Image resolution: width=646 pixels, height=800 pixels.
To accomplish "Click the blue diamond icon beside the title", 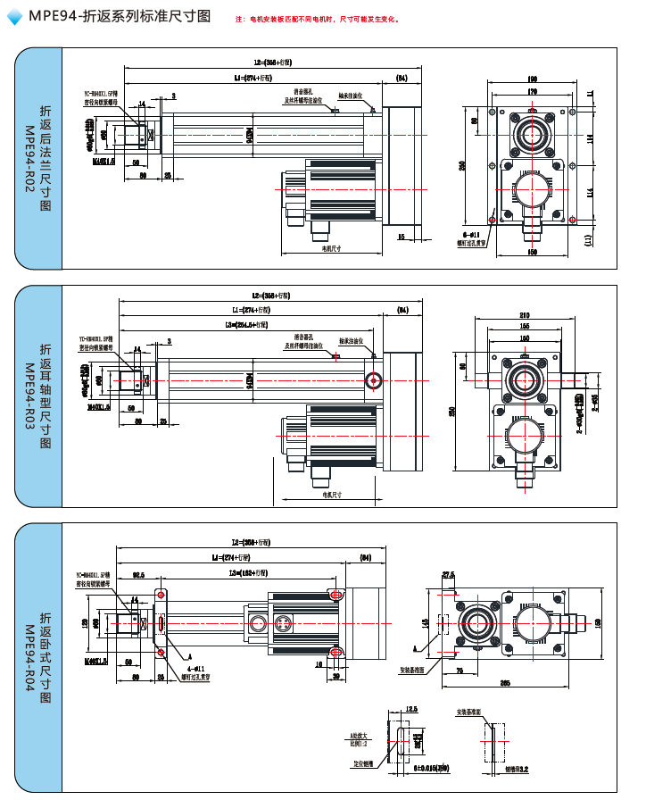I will [14, 17].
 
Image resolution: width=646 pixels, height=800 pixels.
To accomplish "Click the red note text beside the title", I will [318, 19].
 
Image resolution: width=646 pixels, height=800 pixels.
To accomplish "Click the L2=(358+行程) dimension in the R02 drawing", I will [273, 63].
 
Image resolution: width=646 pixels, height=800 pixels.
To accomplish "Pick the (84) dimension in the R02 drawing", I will [402, 79].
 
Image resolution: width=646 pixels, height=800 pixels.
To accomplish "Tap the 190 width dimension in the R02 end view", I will [532, 79].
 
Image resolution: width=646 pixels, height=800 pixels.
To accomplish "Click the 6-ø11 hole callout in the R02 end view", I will [472, 232].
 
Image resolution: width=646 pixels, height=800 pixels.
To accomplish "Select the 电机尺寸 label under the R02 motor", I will [332, 249].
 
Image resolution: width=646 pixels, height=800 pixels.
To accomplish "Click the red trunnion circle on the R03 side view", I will [372, 381].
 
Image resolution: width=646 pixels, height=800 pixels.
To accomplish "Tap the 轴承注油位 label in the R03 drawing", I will [351, 341].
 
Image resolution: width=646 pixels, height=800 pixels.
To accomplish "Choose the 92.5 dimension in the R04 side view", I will [138, 576].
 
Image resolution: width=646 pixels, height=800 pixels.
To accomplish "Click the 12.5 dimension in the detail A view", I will [410, 709].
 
